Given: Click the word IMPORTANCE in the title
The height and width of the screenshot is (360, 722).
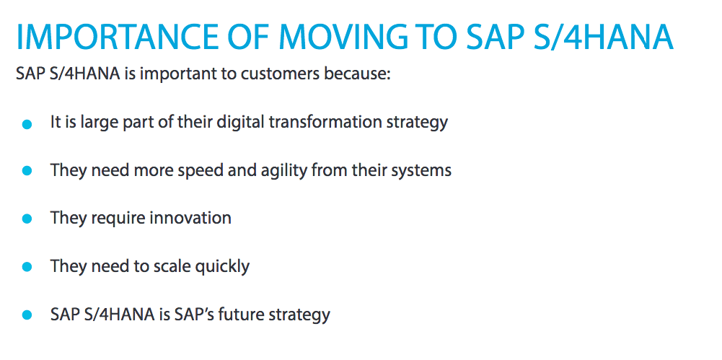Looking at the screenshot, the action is pos(118,36).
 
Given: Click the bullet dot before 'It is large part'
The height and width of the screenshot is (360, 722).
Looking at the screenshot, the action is pos(27,124).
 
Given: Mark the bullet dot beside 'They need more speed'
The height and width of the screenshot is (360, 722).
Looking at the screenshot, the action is pos(27,171).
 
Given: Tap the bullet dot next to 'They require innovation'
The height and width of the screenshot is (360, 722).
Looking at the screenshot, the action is pos(27,219).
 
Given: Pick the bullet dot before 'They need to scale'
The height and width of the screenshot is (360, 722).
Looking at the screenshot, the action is pos(27,266).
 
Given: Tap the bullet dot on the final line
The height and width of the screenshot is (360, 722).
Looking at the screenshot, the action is pos(27,315).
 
